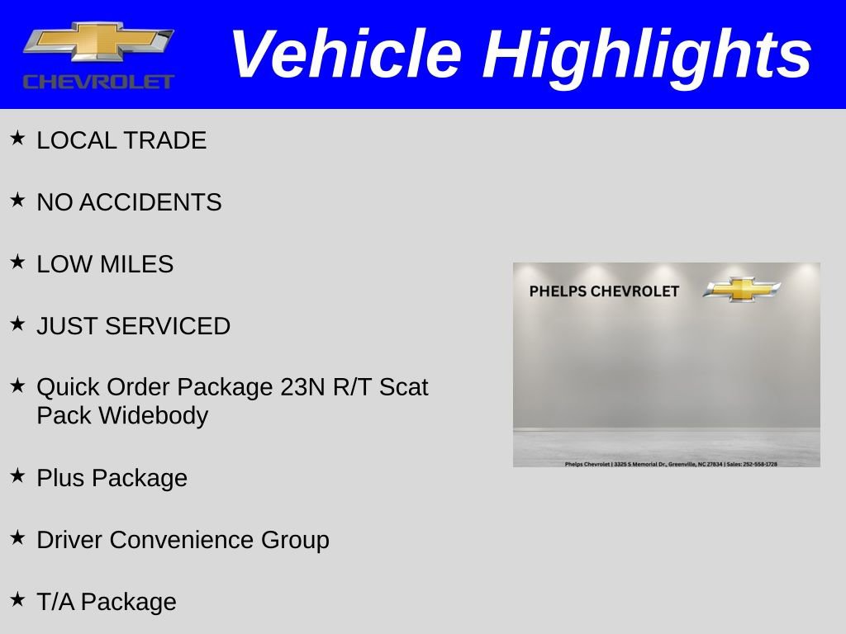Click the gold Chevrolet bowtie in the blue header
97,41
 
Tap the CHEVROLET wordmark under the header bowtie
98,81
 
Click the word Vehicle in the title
345,54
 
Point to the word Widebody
154,415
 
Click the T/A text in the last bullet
55,602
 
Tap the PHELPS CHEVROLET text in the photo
604,291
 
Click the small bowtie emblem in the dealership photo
742,289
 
